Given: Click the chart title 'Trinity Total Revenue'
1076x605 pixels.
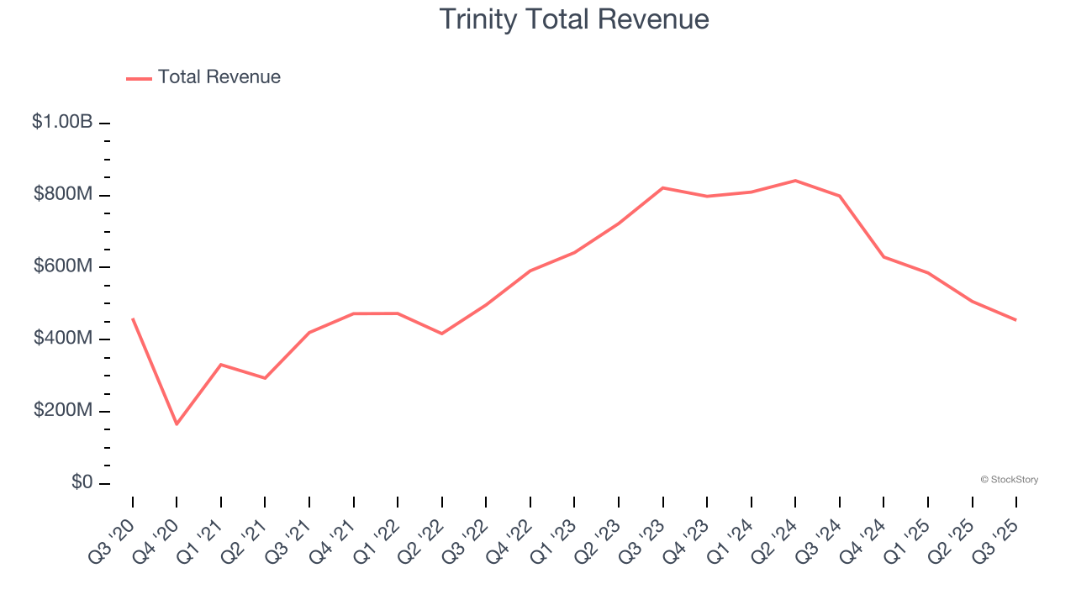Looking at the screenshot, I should tap(574, 19).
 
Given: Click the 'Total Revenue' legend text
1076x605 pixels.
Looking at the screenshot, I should tap(219, 77).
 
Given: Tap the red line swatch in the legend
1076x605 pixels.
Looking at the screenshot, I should tap(139, 78).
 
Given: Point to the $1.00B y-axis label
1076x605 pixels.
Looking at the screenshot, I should tap(62, 122).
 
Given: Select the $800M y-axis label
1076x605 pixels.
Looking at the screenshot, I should tap(63, 194).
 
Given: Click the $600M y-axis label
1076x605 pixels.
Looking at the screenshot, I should tap(63, 266).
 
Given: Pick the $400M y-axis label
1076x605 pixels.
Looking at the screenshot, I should tap(63, 338).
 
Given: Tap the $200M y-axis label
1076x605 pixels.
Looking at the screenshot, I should tap(63, 410).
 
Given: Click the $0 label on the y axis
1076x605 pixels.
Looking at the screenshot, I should tap(81, 482).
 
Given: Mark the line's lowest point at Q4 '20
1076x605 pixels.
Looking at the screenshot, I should tap(177, 424).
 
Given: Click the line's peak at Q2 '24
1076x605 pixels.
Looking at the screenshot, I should tap(795, 181).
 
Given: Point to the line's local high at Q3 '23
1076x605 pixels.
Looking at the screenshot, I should tap(663, 187).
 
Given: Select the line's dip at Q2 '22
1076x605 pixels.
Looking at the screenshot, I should tap(442, 334).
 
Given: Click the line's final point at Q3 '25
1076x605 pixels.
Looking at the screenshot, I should tap(1015, 320).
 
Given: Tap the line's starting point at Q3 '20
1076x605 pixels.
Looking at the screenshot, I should tap(133, 318).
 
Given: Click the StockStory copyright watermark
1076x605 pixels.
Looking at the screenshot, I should tap(1009, 480).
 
